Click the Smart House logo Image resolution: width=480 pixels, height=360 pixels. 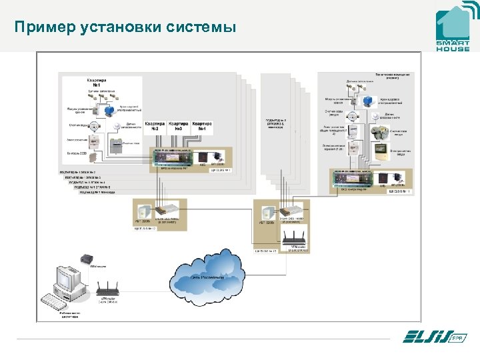pos(453,30)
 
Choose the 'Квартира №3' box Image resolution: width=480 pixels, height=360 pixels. pos(179,127)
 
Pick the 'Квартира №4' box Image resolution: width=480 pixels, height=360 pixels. pos(201,127)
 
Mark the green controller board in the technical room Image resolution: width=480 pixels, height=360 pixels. pos(357,178)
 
